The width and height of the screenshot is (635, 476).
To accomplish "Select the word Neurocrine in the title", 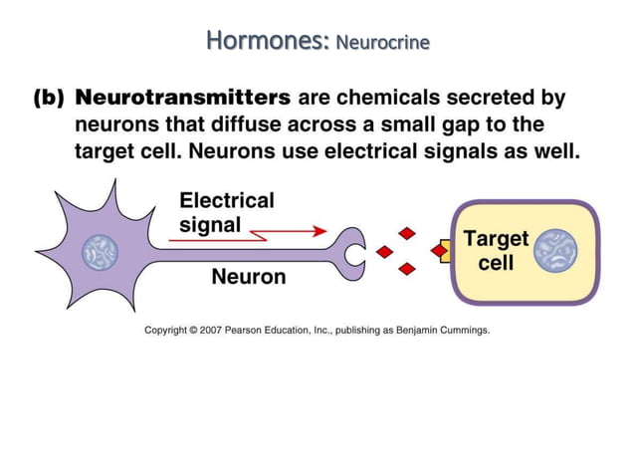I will [x=383, y=44].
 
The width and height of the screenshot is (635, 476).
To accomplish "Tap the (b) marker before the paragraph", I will [x=49, y=100].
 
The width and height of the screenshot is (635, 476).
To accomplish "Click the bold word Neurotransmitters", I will [x=184, y=99].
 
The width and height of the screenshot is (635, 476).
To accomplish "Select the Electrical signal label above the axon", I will [x=226, y=212].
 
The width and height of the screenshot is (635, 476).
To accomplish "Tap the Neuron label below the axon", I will [x=248, y=277].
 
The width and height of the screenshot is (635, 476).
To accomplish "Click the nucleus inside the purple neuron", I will [x=100, y=253].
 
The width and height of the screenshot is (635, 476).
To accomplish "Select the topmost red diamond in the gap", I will [x=406, y=234].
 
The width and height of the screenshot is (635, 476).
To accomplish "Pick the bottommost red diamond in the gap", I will [x=406, y=269].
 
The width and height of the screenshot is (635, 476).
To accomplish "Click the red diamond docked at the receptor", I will [x=439, y=252].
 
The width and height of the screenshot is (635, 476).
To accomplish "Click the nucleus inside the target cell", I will [x=554, y=252].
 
